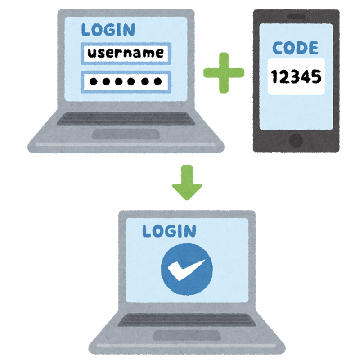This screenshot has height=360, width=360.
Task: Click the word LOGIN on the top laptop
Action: [108, 30]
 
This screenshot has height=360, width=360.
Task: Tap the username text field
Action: [126, 54]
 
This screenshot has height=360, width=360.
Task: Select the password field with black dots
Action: [126, 81]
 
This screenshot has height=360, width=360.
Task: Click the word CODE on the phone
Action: [295, 48]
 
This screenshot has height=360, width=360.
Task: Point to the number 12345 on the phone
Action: [296, 77]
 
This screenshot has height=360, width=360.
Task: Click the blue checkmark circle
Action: [186, 270]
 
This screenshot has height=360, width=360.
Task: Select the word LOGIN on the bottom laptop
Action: [169, 231]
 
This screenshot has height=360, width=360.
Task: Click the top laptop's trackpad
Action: [126, 134]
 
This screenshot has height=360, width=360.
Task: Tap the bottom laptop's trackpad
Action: [186, 335]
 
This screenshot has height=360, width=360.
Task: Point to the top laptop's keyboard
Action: [126, 118]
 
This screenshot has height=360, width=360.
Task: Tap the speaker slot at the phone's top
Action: [296, 17]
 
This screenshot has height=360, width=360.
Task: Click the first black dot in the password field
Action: [94, 81]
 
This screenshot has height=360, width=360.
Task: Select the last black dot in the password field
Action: [157, 81]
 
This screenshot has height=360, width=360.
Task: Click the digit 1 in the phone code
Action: [274, 77]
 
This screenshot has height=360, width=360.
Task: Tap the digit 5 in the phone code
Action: [317, 77]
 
